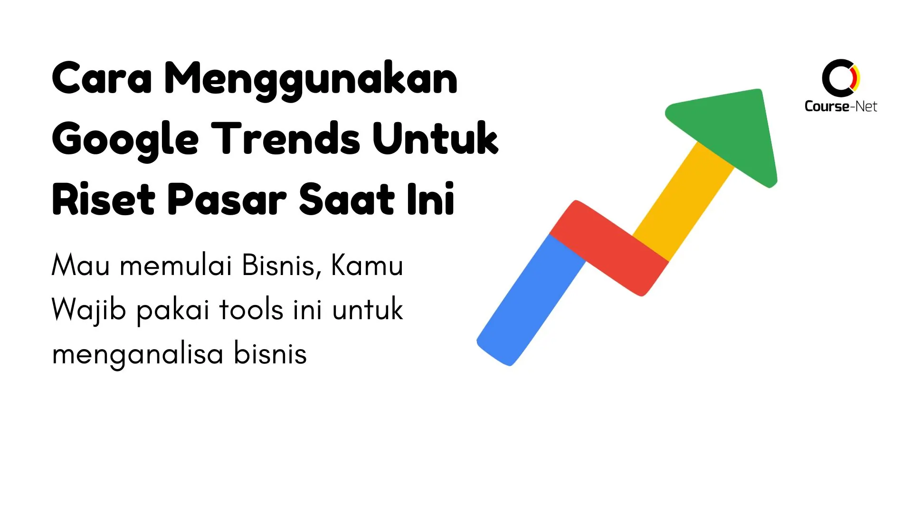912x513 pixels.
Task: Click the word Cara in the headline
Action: click(x=102, y=78)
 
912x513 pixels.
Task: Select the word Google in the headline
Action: click(x=125, y=140)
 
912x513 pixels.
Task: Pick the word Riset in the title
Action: click(x=104, y=199)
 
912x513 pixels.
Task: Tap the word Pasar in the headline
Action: click(x=227, y=199)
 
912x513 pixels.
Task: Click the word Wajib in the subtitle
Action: click(x=89, y=310)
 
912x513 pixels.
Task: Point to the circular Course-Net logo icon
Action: click(x=840, y=78)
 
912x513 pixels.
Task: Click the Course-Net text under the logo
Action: click(x=840, y=106)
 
